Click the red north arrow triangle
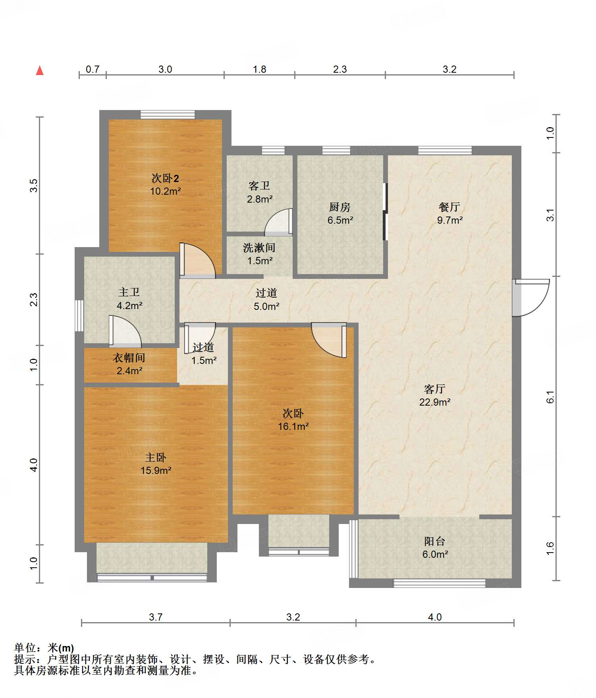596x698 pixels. (40, 70)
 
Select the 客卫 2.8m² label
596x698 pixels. (260, 192)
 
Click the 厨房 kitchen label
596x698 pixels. (340, 207)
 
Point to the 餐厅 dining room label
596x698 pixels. (449, 207)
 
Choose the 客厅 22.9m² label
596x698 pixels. (435, 395)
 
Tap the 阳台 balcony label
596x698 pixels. (435, 541)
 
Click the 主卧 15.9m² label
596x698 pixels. (156, 464)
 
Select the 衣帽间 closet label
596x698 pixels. (129, 358)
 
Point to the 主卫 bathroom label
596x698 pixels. (129, 292)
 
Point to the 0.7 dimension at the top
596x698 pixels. (93, 69)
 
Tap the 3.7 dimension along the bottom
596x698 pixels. (156, 617)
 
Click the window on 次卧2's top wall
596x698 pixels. (168, 114)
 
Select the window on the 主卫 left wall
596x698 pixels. (79, 316)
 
